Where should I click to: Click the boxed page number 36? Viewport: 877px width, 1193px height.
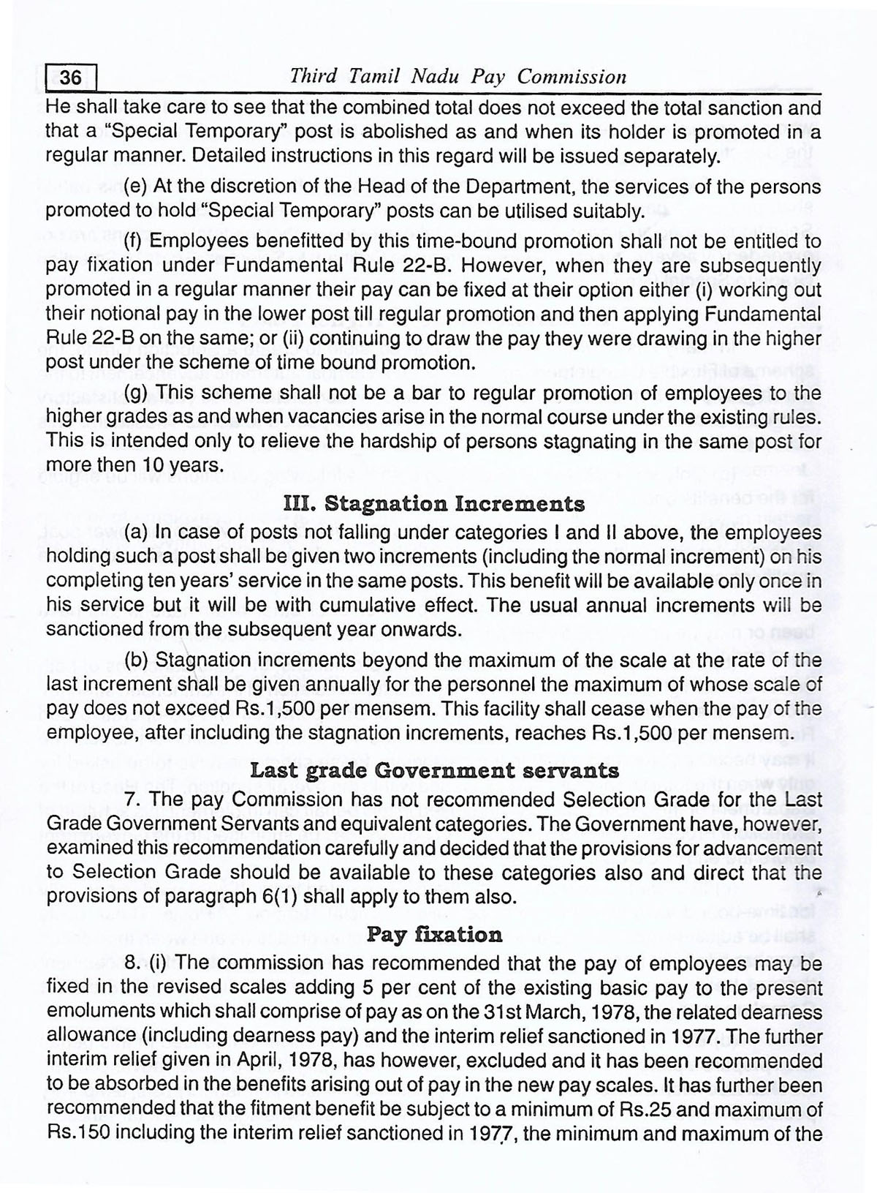point(71,77)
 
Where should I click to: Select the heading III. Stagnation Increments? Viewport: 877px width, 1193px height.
point(433,504)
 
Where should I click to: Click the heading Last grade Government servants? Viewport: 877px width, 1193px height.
point(434,770)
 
